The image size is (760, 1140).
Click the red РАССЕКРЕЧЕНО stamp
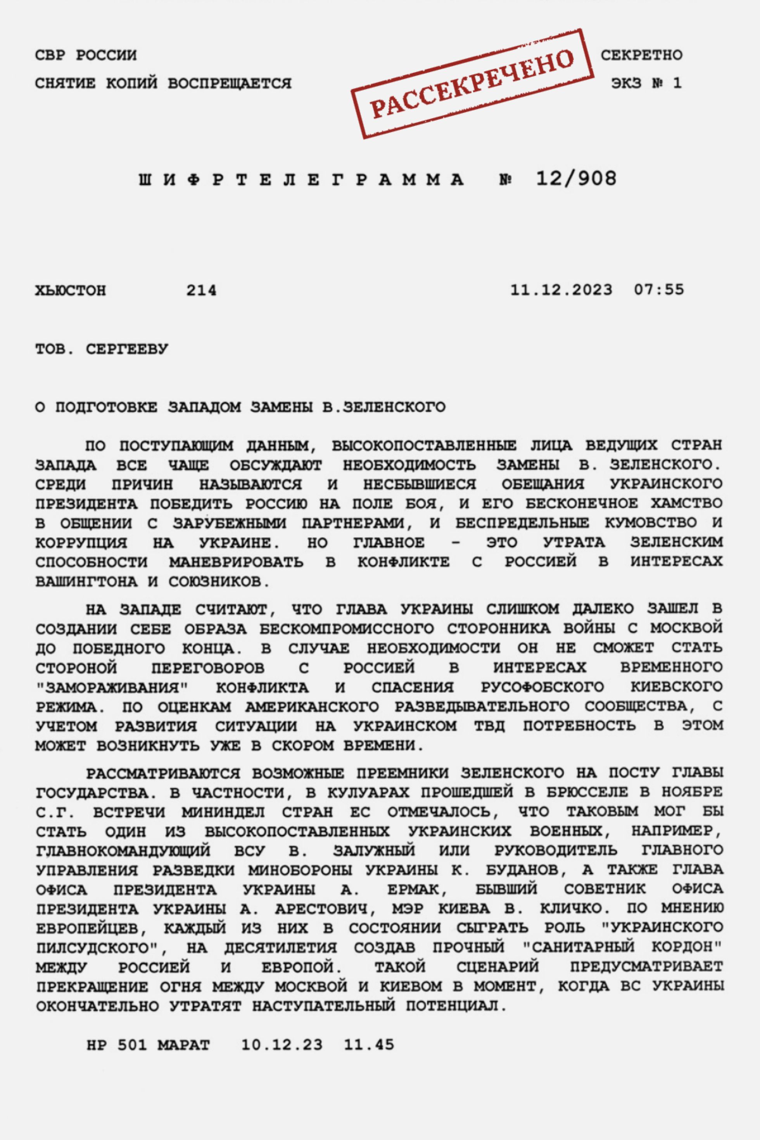point(473,84)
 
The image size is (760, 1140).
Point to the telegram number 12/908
point(576,179)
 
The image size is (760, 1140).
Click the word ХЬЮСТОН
point(70,291)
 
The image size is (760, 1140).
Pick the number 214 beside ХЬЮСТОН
point(201,291)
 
